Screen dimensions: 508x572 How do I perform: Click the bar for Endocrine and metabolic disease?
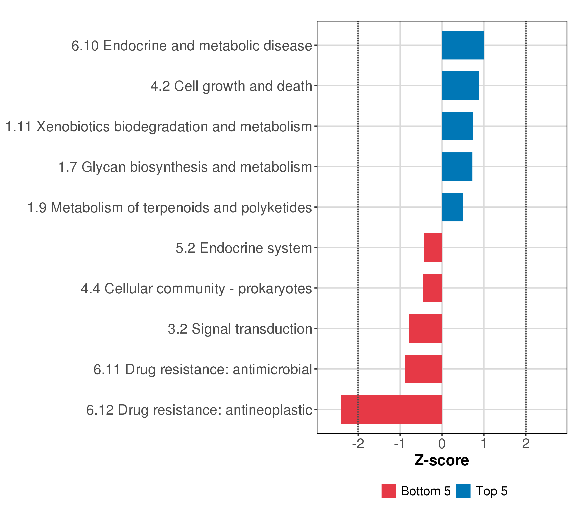(x=463, y=45)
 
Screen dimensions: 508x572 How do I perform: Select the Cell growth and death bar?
(x=460, y=86)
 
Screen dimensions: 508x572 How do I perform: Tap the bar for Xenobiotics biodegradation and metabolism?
(x=457, y=126)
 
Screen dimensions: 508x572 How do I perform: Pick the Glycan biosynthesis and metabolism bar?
(x=457, y=167)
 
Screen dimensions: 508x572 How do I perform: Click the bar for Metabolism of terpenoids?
(x=452, y=207)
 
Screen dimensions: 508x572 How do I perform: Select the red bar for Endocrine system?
(x=433, y=247)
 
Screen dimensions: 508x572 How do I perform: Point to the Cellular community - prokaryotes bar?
(x=432, y=288)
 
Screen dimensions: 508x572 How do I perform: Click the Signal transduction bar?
(x=425, y=329)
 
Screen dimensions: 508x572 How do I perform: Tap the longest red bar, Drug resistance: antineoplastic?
(x=391, y=409)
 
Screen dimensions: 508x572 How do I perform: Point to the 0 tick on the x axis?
(x=442, y=444)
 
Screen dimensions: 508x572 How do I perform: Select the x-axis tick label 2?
(x=526, y=444)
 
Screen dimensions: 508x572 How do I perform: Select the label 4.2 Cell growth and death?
(x=231, y=86)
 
